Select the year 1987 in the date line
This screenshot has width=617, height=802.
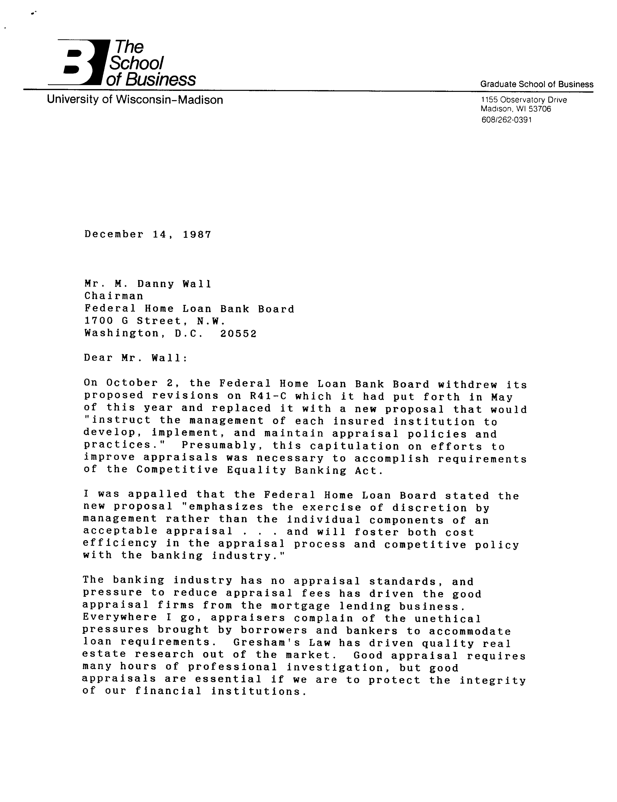(x=197, y=234)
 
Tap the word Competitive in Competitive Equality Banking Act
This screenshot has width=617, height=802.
(x=177, y=470)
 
